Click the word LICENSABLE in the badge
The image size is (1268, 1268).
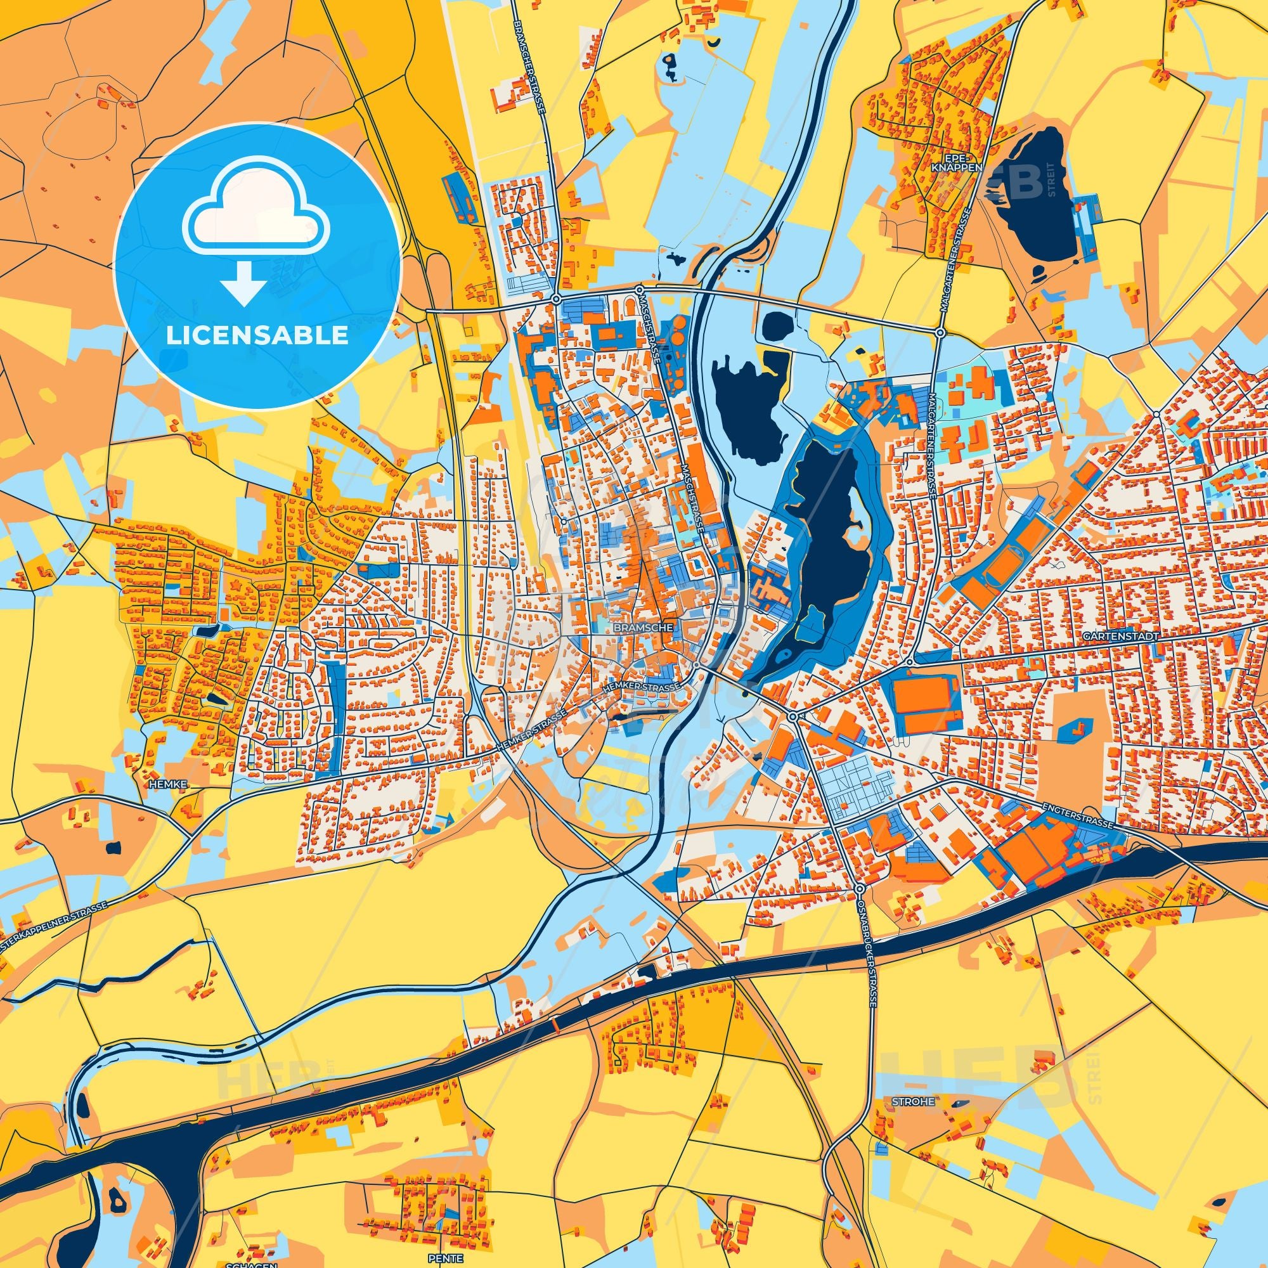tap(257, 335)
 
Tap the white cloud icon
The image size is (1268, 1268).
tap(257, 219)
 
